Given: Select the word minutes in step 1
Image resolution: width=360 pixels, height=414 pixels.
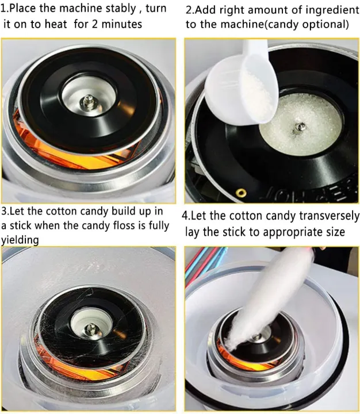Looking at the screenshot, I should point(122,25).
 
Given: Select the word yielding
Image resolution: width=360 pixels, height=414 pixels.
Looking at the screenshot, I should point(20,240).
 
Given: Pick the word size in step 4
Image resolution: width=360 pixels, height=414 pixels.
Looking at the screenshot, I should point(333,232).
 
